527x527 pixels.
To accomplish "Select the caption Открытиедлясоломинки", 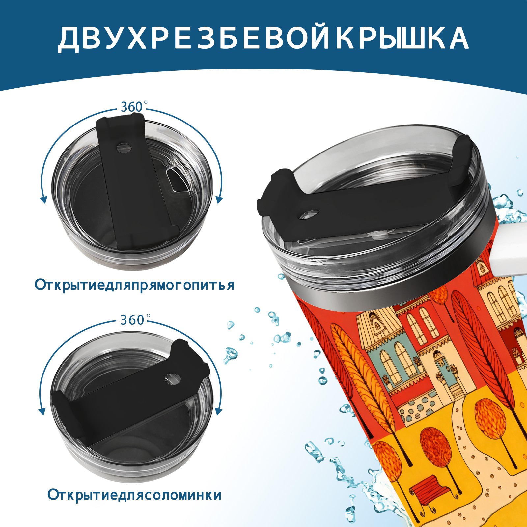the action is point(134,495).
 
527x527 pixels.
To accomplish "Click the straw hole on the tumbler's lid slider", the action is point(309,214).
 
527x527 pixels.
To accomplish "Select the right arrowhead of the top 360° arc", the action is point(220,199).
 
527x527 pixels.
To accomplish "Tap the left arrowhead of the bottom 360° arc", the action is point(42,411).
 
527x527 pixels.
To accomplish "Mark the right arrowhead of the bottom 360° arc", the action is point(218,411).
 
